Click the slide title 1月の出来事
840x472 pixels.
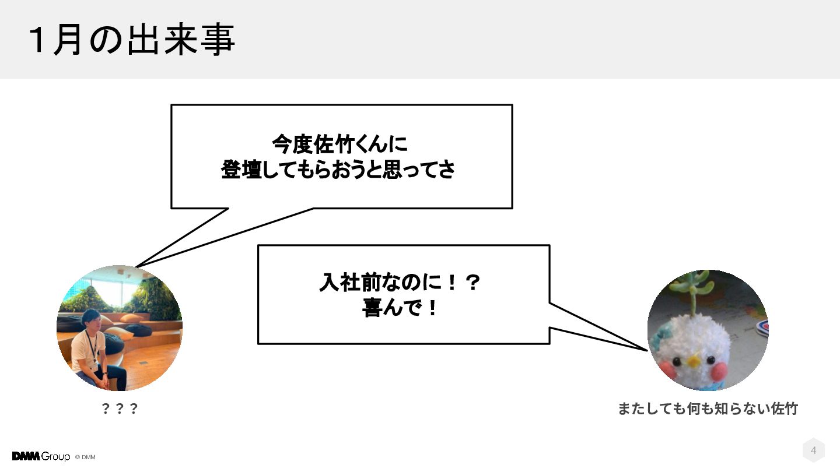coord(132,40)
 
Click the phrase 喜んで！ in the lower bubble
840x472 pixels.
coord(400,308)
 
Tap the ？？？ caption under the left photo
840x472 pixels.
coord(120,408)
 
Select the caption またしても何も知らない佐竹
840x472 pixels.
coord(708,408)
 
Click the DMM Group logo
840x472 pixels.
coord(41,456)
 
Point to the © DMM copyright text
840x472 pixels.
coord(85,457)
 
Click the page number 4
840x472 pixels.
coord(813,450)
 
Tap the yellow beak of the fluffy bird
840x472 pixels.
coord(694,361)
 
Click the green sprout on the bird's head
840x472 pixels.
coord(694,291)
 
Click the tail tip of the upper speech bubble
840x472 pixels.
coord(136,267)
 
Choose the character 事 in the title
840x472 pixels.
coord(219,40)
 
